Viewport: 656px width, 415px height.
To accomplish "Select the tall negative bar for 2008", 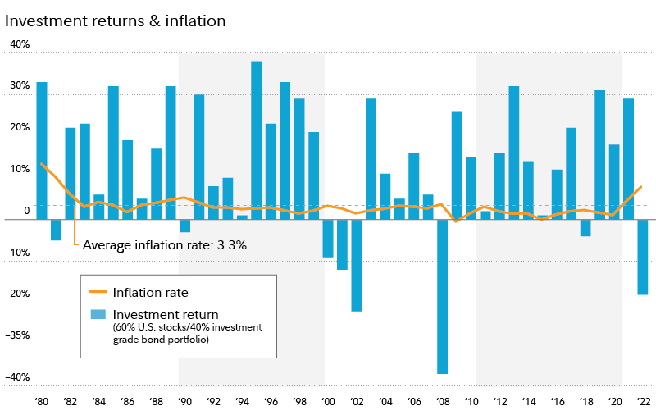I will tap(443, 296).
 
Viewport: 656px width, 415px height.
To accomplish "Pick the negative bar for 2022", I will tap(643, 257).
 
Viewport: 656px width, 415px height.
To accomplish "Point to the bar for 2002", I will tap(357, 265).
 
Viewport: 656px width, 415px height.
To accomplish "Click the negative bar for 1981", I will tap(56, 230).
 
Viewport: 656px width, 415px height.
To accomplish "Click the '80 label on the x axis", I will tap(41, 402).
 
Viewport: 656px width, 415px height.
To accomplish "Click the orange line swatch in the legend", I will tap(98, 292).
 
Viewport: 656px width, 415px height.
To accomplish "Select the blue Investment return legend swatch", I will tap(98, 314).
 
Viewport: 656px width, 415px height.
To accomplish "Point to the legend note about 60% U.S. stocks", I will tap(187, 334).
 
